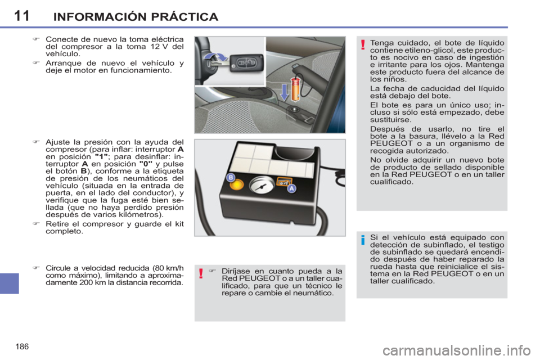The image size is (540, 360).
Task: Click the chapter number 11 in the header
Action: pyautogui.click(x=21, y=15)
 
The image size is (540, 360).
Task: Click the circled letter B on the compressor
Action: pyautogui.click(x=229, y=177)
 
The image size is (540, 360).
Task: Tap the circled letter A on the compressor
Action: pyautogui.click(x=291, y=190)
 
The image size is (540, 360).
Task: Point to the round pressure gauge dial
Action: pyautogui.click(x=258, y=186)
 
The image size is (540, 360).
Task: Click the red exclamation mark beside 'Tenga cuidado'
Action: pyautogui.click(x=363, y=46)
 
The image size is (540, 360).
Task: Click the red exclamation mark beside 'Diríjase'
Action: pyautogui.click(x=201, y=274)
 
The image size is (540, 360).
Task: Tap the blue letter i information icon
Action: pyautogui.click(x=363, y=241)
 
